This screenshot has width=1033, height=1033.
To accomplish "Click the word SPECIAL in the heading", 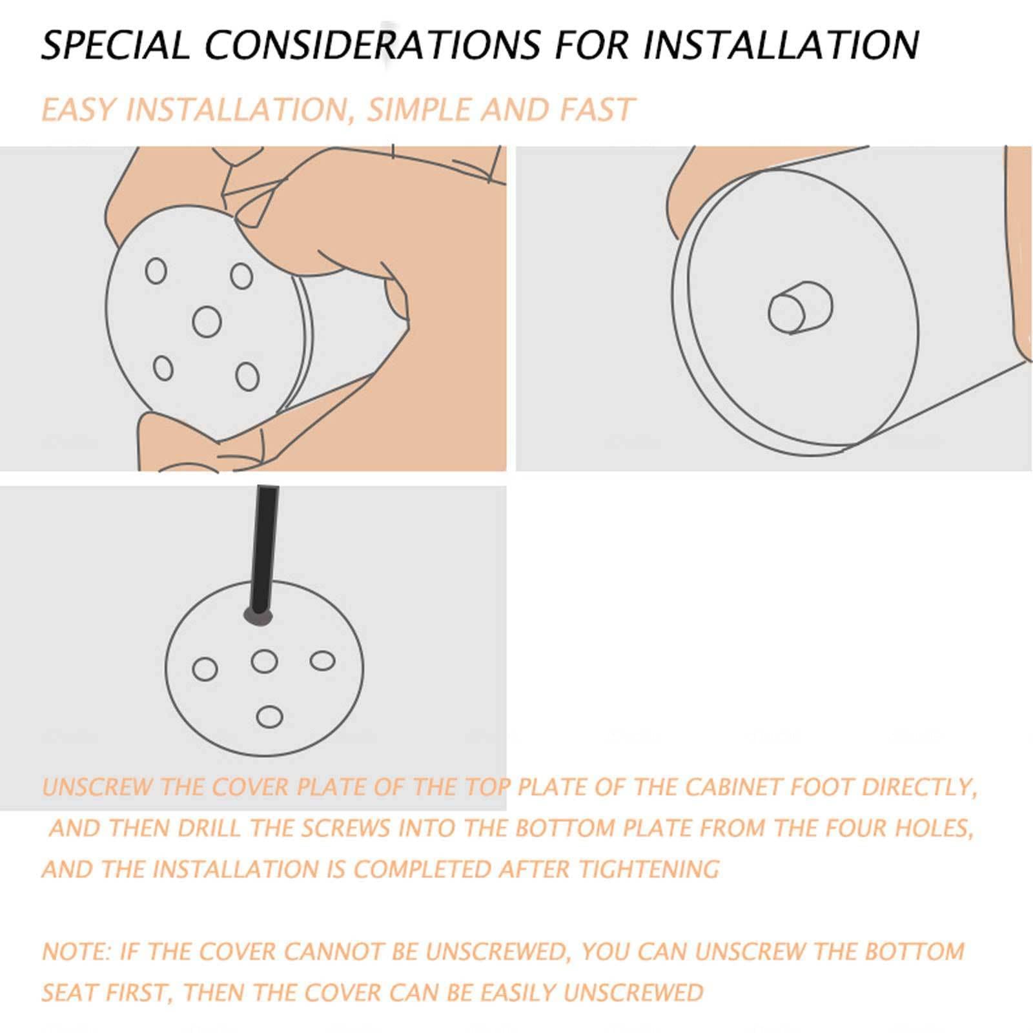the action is (x=116, y=45).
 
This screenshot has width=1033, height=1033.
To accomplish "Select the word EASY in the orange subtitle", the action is (x=79, y=110).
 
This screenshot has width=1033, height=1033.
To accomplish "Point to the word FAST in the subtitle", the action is (x=597, y=110).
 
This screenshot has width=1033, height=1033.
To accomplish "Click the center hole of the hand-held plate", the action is (x=207, y=321).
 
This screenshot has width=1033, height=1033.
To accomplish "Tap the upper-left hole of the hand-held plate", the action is (x=156, y=271).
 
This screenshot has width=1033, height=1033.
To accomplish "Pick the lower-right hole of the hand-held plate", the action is (x=247, y=377).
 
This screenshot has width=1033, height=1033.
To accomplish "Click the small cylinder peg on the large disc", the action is (x=800, y=309).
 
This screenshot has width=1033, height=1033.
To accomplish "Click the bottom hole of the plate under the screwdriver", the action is (x=269, y=717).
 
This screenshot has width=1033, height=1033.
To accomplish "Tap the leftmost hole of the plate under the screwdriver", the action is (x=205, y=669).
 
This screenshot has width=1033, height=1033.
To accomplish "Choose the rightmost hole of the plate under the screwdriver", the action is (x=322, y=661).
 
